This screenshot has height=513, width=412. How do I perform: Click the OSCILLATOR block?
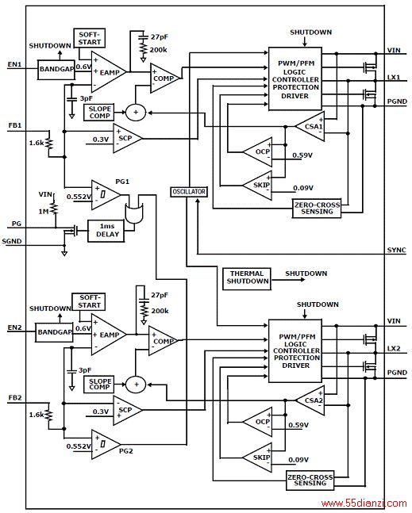point(189,192)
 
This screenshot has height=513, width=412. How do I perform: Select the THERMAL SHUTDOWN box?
point(247,279)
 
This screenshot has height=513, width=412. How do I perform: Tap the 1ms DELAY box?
point(106,231)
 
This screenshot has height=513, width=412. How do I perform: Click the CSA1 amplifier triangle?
point(310,126)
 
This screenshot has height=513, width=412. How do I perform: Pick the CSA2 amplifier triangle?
point(310,400)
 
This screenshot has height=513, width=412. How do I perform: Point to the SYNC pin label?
point(397,251)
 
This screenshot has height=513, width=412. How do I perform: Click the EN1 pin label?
point(15,64)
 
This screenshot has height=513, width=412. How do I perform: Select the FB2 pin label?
point(15,398)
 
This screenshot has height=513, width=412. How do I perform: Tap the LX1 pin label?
point(394,78)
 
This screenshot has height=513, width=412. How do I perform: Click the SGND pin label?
point(12,242)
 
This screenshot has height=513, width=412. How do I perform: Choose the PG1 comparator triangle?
point(106,195)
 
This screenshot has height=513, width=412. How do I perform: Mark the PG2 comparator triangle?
point(106,444)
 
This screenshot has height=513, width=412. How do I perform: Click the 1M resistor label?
point(44,212)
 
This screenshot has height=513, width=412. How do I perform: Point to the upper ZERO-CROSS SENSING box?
point(317,208)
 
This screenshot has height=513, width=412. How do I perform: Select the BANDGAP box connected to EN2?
point(54,332)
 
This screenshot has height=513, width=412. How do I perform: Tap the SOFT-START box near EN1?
point(90,38)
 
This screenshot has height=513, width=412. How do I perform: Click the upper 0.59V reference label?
point(302,155)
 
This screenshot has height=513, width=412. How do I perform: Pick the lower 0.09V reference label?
point(298,460)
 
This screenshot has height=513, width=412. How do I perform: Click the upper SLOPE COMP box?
point(99,113)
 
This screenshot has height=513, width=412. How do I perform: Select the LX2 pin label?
point(394,348)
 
